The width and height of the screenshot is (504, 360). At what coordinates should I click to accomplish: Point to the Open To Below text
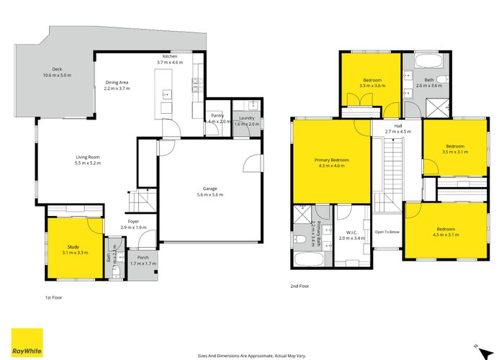point(387,232)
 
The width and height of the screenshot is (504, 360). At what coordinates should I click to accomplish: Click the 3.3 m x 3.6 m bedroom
point(372,82)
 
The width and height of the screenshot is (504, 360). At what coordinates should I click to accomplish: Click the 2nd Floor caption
point(299,286)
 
